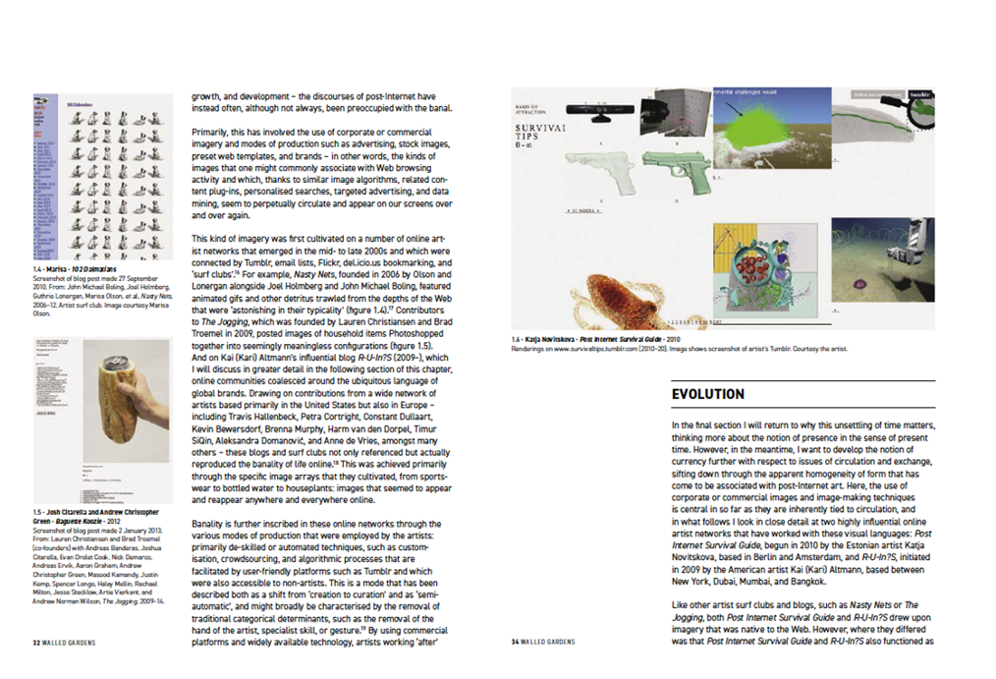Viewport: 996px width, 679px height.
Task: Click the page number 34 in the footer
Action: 515,643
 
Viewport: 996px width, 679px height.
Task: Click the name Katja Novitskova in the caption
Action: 554,339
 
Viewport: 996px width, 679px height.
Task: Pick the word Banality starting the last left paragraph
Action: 209,522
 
